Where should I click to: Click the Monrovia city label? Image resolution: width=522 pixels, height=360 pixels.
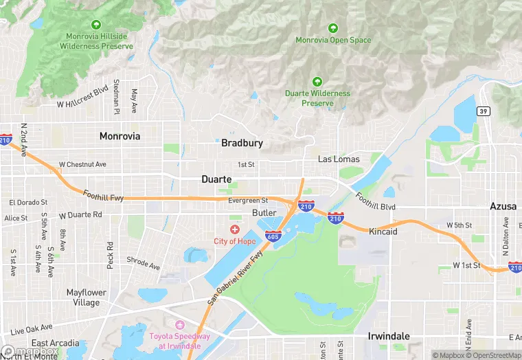coord(120,136)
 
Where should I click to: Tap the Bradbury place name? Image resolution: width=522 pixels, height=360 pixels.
coord(242,144)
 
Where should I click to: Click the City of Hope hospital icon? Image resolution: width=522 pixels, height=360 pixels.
coord(235,229)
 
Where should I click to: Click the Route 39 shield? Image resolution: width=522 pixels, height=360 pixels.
coord(484,112)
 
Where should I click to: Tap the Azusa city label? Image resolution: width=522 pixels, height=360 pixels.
coord(503,206)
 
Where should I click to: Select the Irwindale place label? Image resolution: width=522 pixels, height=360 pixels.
coord(389,336)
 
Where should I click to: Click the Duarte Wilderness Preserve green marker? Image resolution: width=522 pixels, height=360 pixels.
coord(317,81)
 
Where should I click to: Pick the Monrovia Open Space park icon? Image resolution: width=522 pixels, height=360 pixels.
coord(333,28)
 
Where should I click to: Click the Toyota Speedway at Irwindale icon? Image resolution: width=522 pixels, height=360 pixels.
coord(180,324)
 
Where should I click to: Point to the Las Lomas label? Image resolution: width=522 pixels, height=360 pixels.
coord(339,159)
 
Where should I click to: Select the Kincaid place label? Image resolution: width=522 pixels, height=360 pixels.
coord(383,232)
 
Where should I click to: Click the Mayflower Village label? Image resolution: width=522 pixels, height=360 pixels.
coord(87,297)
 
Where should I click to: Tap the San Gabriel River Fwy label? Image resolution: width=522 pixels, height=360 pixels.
coord(236,278)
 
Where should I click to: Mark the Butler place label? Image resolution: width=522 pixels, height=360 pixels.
coord(264,213)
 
